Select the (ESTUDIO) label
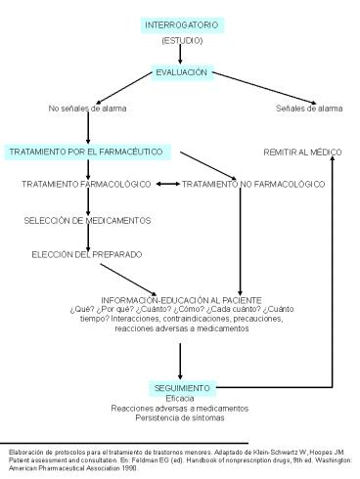tap(181, 40)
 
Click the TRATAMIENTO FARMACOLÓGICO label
tap(86, 184)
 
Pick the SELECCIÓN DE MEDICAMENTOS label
tap(88, 220)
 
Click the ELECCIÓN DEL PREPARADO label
tap(85, 254)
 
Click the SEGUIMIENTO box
tap(181, 387)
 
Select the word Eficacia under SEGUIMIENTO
tap(181, 398)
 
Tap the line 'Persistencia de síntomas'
tap(181, 418)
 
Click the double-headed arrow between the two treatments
tap(167, 184)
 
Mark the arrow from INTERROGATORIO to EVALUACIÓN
tap(181, 55)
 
